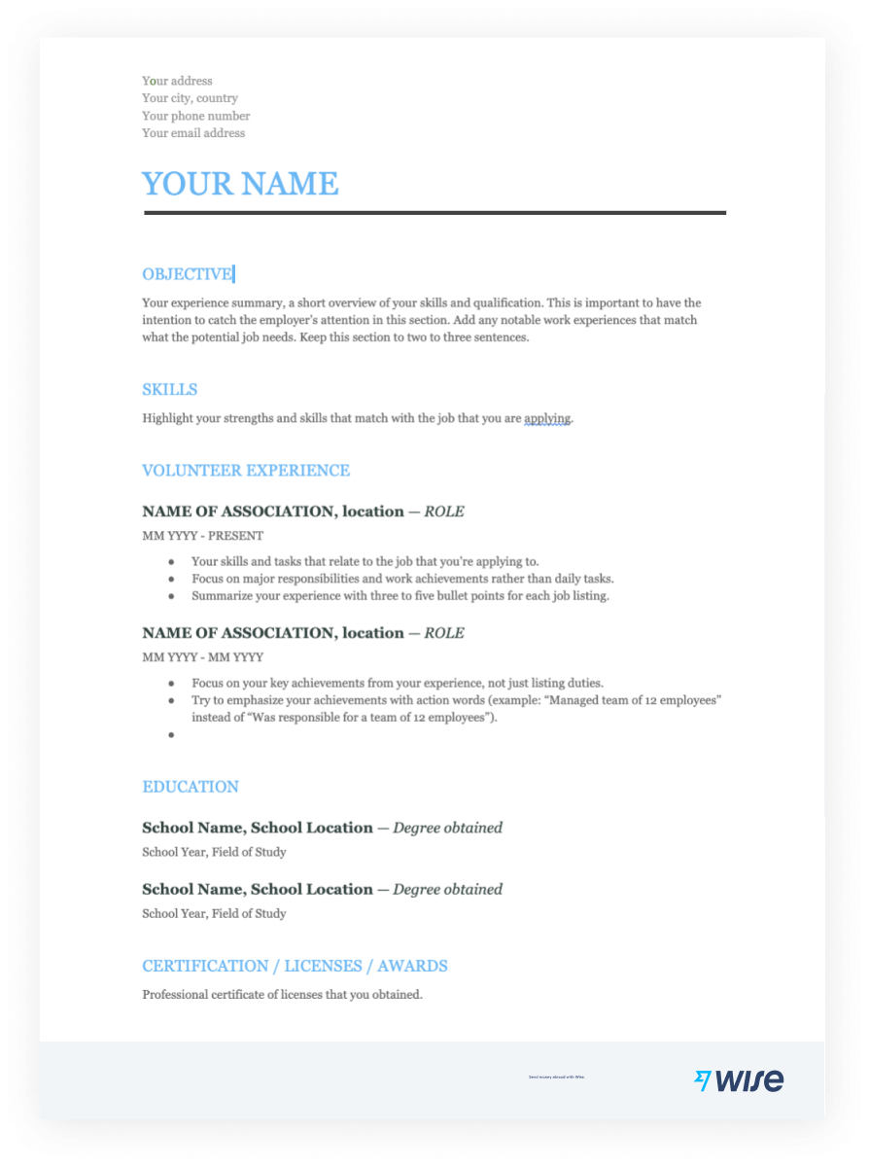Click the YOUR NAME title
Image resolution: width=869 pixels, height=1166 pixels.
240,184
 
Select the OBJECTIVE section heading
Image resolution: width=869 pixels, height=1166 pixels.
187,274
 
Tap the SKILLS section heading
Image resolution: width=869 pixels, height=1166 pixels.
169,390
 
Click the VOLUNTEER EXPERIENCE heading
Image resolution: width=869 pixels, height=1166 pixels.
245,471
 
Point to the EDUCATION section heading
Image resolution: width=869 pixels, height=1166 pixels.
190,787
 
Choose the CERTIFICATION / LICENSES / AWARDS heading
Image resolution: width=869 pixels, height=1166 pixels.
295,966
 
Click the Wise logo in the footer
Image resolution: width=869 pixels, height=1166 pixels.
739,1079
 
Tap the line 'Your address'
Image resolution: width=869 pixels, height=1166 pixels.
177,81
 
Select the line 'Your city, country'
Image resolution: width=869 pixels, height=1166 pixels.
190,98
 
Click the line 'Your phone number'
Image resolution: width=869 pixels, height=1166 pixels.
195,116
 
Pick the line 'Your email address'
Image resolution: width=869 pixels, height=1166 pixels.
193,133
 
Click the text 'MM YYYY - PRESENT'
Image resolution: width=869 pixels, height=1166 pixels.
202,536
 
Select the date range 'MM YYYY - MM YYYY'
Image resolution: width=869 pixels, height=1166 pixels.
202,657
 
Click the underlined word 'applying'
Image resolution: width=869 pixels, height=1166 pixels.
547,419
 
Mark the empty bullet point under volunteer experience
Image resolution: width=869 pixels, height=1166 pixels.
171,735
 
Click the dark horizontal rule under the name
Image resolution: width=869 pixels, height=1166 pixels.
434,212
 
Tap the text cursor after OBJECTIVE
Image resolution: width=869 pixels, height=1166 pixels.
234,274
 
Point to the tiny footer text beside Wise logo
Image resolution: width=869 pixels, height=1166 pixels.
556,1078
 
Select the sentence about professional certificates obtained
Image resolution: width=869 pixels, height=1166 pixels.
282,995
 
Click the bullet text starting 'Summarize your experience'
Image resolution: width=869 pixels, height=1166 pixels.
400,596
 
